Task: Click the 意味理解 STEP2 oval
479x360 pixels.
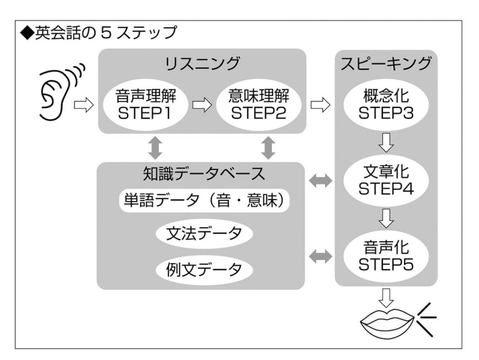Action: [257, 106]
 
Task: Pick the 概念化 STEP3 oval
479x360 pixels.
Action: [386, 106]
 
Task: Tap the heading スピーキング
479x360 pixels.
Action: [386, 64]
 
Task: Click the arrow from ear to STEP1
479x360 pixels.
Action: [84, 106]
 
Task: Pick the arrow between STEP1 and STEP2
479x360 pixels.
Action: [201, 106]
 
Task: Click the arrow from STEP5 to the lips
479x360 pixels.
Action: [386, 295]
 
